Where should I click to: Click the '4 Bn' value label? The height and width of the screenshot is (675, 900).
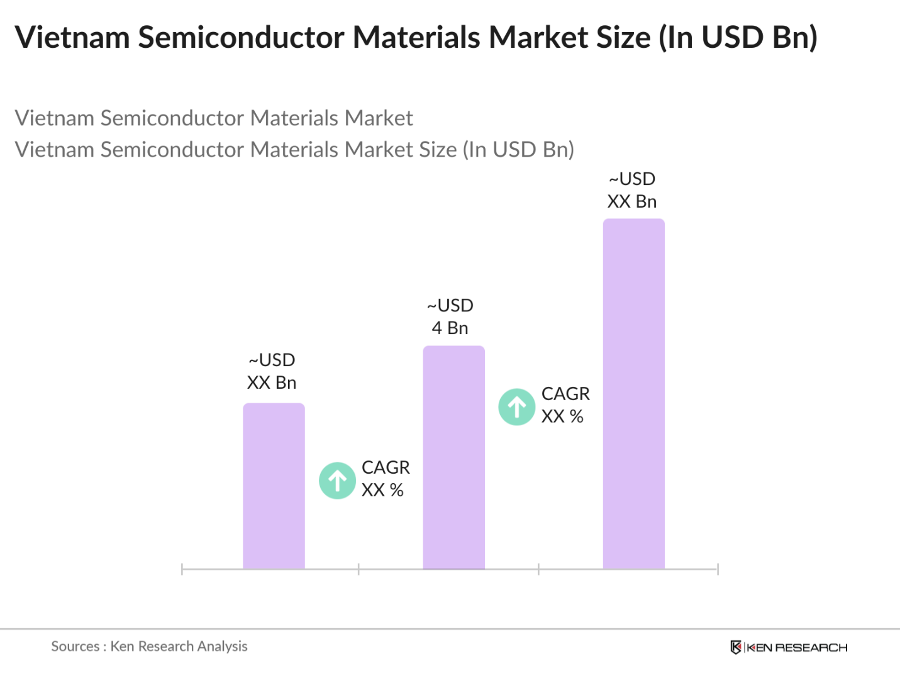450,328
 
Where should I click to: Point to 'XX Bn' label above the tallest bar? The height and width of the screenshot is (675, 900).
631,202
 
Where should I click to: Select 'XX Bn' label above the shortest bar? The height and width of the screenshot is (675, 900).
271,383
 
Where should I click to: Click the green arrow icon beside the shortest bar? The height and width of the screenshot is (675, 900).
338,481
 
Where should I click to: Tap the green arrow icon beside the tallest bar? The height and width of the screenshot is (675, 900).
517,407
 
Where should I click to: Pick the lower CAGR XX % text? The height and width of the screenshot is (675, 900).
385,479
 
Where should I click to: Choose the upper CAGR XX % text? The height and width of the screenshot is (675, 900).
565,405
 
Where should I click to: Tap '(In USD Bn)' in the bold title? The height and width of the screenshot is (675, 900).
738,37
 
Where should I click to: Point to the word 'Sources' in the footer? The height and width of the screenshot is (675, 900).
75,647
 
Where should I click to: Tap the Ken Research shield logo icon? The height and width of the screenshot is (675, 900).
736,647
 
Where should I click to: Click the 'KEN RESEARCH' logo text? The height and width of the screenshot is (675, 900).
797,648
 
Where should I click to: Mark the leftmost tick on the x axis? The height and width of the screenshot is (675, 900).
182,569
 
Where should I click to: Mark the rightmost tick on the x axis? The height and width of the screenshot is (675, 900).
718,569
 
